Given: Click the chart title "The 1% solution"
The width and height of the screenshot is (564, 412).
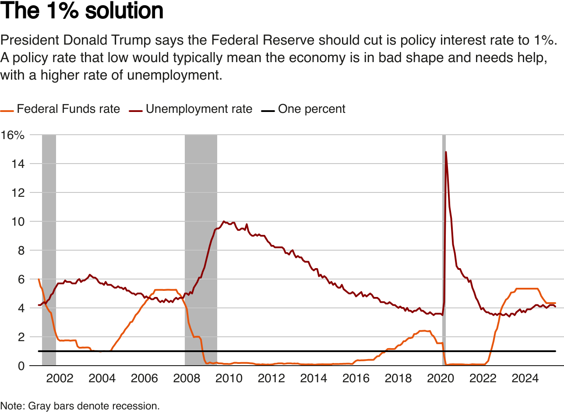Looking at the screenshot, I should (82, 11).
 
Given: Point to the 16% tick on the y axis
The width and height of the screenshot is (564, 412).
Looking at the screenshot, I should (13, 135).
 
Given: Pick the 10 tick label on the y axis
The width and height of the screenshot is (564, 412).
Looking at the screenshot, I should (18, 222).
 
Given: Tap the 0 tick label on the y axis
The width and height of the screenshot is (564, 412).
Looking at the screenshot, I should (21, 366).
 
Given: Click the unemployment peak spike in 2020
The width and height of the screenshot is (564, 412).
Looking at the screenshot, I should (446, 153).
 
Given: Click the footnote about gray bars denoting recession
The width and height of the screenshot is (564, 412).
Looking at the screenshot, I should (80, 406).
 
